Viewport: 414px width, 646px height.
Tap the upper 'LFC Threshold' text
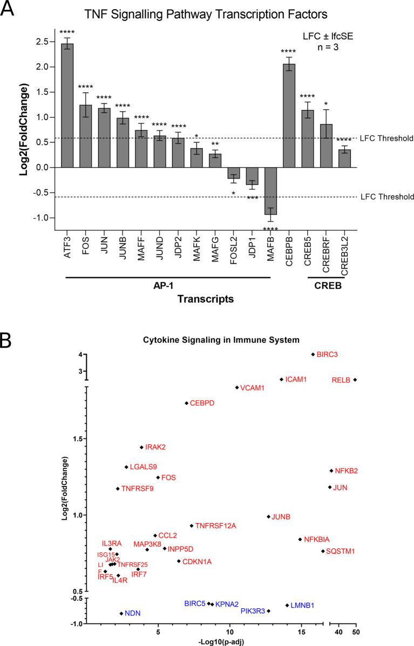click(x=386, y=139)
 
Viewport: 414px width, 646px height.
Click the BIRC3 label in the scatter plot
click(x=327, y=354)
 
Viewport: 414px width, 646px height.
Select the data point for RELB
click(x=355, y=380)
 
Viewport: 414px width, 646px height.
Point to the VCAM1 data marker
click(x=236, y=388)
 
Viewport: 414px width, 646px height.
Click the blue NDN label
click(x=132, y=613)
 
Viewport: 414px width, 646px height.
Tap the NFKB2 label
click(x=346, y=471)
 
